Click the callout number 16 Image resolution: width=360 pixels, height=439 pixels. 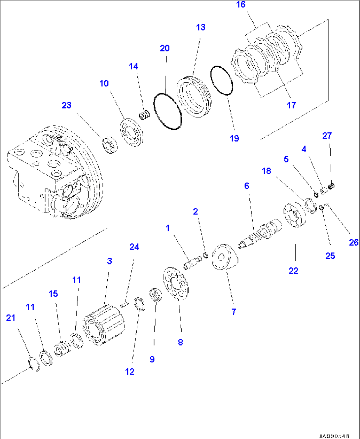[x=241, y=5]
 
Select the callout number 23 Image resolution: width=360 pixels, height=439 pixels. [x=66, y=105]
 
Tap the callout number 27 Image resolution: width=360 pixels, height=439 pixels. [x=327, y=136]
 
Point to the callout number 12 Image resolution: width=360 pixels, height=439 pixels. [x=130, y=372]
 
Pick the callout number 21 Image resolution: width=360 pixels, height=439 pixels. [x=11, y=318]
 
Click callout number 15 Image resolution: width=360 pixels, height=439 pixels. [x=53, y=294]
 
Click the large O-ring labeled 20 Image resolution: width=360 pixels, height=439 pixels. [x=167, y=111]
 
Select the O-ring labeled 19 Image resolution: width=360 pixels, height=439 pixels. [x=222, y=81]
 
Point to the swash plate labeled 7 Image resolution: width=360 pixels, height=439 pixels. [x=224, y=257]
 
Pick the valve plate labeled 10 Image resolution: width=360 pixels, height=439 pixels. [x=131, y=133]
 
